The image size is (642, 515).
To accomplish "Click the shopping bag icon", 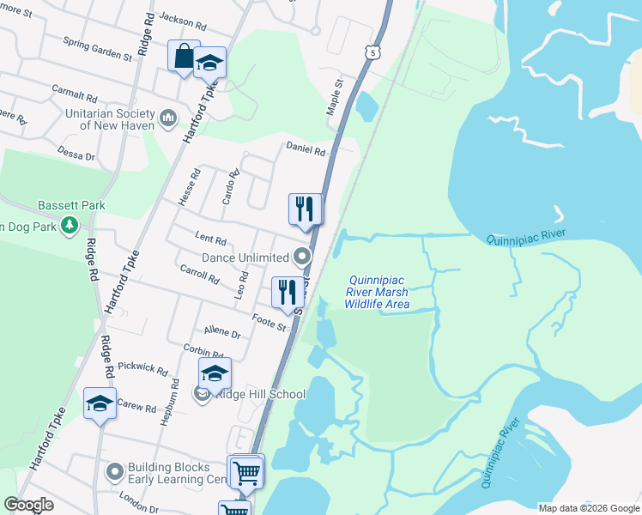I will (x=184, y=57).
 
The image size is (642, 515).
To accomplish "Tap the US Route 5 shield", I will (x=372, y=52).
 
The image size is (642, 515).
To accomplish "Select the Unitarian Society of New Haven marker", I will (x=167, y=116).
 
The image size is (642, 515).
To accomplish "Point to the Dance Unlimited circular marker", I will (x=301, y=257).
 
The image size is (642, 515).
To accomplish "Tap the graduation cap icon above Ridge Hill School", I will (x=215, y=373).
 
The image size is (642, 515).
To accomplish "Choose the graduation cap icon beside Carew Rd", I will (x=100, y=403).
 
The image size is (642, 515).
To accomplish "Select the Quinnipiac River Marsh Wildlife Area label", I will (x=378, y=292).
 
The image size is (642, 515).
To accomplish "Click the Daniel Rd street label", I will (x=306, y=150).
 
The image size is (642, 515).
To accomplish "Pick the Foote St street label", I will (x=268, y=323).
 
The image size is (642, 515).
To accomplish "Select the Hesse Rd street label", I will (x=190, y=186).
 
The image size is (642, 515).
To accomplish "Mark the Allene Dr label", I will (x=222, y=331).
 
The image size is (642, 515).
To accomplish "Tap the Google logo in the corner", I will (x=28, y=505).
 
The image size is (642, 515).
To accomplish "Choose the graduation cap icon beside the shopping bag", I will (x=209, y=63).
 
